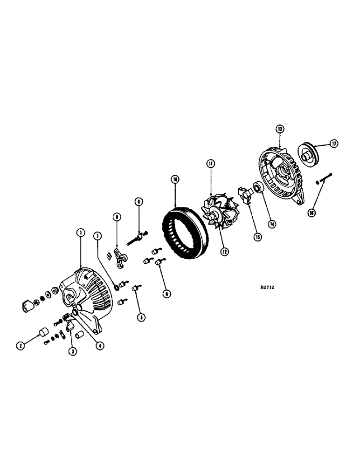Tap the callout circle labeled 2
[x=21, y=345]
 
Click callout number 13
[x=279, y=129]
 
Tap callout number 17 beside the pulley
[x=334, y=144]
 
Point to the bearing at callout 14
[x=256, y=189]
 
